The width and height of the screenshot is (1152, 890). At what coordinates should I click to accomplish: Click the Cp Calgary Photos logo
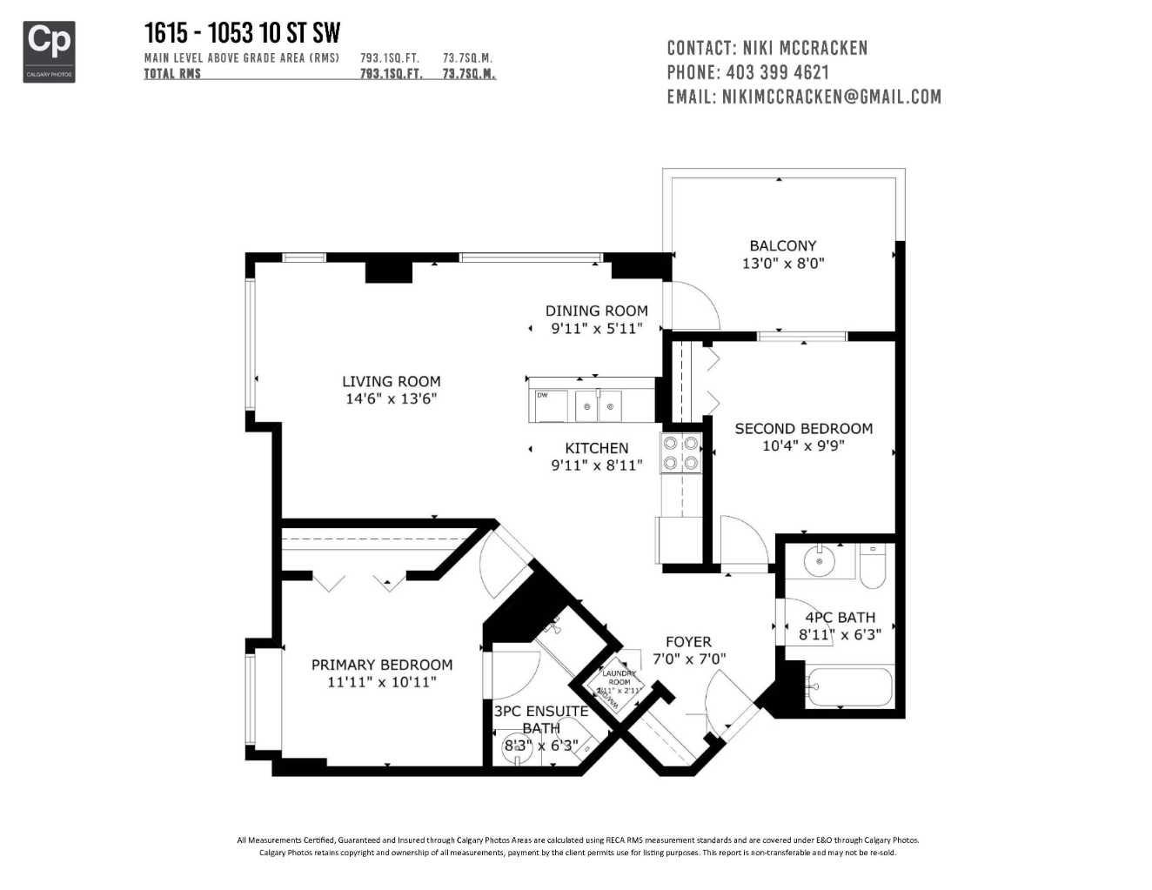pos(49,51)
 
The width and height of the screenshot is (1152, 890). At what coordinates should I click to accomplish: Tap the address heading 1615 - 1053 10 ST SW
pos(242,33)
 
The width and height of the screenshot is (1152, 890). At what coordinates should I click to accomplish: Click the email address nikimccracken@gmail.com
pos(831,97)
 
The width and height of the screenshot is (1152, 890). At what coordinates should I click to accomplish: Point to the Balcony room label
pos(782,245)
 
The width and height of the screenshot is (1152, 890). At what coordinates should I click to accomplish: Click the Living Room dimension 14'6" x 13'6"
pos(391,399)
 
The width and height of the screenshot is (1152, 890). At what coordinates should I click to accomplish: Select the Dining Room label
pos(596,311)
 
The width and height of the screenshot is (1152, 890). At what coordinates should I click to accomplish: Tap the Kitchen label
pos(596,448)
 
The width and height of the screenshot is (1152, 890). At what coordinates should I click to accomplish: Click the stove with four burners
pos(680,452)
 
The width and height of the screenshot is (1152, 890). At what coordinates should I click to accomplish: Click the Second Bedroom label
pos(803,428)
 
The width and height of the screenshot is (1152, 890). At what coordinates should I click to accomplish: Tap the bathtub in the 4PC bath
pos(848,688)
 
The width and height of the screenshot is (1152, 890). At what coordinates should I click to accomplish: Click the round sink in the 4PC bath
pos(819,561)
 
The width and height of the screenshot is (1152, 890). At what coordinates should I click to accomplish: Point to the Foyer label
pos(688,642)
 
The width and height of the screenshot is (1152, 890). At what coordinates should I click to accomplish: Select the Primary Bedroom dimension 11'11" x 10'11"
pos(382,682)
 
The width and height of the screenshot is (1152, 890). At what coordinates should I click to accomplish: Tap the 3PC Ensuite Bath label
pos(540,719)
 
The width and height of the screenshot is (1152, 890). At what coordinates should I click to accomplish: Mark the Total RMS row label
pos(172,74)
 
